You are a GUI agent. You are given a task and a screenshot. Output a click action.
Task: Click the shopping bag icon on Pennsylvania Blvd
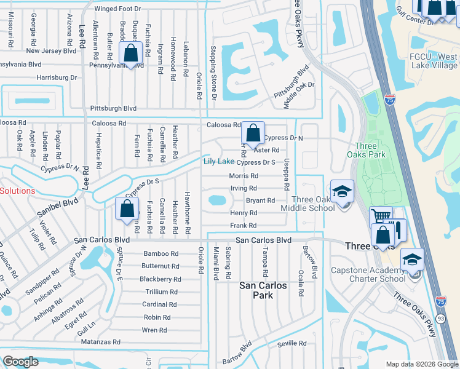pos(132,53)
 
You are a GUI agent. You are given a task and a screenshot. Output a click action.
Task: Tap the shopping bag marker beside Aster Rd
pos(253,133)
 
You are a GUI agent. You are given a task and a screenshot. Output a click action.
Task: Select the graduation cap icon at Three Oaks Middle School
pos(342,192)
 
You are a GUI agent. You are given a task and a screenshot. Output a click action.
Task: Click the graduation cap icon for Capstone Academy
pos(412,259)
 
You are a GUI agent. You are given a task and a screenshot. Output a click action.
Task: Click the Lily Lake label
pos(219,161)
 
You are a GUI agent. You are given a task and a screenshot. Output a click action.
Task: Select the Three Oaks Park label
pos(370,151)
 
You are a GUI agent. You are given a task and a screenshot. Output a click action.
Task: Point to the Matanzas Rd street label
pos(99,341)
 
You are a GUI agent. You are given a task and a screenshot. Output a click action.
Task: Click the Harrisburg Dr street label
pos(57,77)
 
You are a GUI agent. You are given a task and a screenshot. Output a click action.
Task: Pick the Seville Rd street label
pos(291,344)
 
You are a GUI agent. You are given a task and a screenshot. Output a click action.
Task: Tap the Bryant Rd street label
pos(260,200)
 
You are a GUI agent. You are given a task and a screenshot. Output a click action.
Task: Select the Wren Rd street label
pos(154,330)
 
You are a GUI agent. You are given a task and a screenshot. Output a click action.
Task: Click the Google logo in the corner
pos(21,362)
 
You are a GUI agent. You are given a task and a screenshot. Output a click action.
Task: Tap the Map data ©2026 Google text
pos(421,364)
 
